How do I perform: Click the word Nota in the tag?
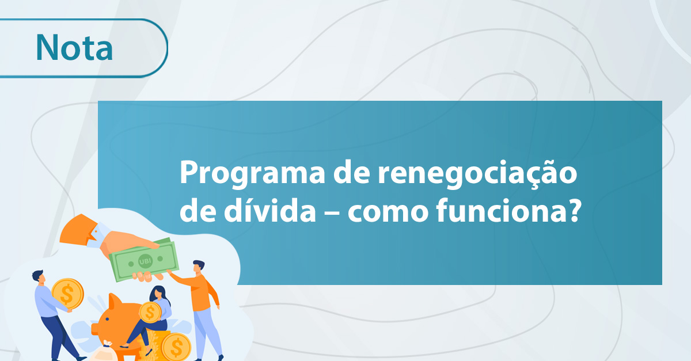pos(74,47)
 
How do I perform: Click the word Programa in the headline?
pos(252,173)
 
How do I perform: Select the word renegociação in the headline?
pos(477,173)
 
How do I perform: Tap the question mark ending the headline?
pos(574,210)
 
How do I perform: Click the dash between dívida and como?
pos(332,212)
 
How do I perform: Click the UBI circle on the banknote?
pos(145,261)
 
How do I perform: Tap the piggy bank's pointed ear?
pos(115,301)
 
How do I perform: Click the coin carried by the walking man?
pos(67,294)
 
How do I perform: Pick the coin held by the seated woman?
pos(150,312)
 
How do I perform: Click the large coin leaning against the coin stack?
pos(176,347)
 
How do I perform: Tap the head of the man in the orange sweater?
pos(198,268)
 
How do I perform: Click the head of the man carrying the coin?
pos(39,276)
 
